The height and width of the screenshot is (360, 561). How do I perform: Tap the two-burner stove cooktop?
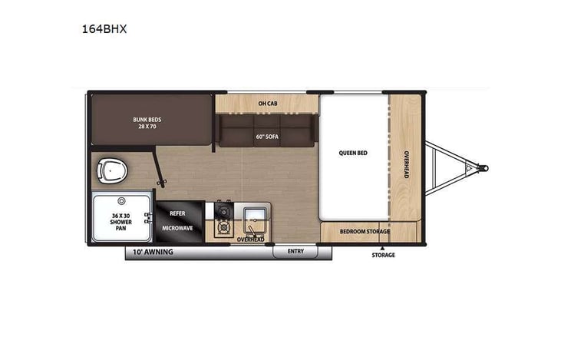click(x=223, y=219)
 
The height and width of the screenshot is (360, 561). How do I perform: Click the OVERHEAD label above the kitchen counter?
click(x=250, y=240)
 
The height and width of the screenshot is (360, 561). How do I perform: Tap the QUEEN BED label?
click(x=353, y=153)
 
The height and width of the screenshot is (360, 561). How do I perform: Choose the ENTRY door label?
click(x=296, y=252)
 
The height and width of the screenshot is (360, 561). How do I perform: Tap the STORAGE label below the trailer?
click(x=383, y=255)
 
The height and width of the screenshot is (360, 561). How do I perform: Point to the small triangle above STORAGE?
click(x=383, y=246)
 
